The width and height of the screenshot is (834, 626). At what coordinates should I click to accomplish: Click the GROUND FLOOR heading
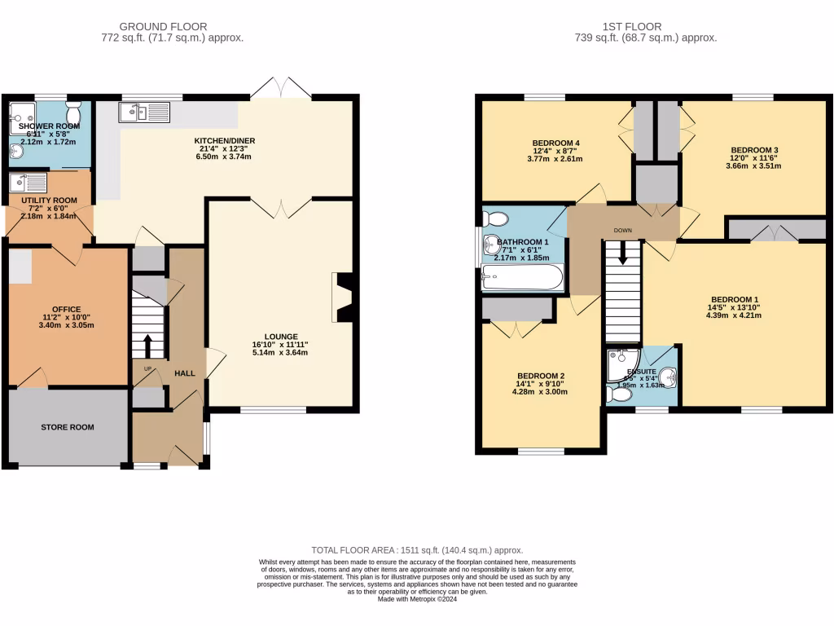163,27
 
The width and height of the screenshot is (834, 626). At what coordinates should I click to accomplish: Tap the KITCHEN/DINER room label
225,141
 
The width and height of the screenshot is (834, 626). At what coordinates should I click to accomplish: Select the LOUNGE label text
281,336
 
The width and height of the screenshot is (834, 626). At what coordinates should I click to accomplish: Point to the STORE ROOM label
68,427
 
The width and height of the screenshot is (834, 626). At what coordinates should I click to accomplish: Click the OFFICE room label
67,309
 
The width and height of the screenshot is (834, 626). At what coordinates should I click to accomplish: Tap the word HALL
185,373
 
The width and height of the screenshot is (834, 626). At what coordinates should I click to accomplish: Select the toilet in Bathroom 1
494,218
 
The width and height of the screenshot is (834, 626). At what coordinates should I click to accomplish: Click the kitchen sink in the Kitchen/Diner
147,112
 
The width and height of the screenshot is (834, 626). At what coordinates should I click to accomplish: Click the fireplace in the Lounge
342,299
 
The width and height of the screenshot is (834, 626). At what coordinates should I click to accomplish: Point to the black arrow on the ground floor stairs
148,344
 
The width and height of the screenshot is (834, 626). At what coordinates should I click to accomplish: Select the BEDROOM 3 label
754,150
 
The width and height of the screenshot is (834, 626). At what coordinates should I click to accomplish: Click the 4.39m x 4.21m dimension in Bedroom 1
735,315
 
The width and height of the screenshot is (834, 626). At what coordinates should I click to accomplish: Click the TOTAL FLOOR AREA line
417,550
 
